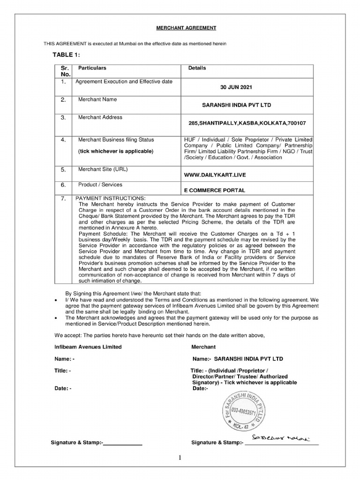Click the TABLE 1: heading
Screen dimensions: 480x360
[x=66, y=55]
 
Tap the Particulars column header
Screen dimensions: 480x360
[x=92, y=68]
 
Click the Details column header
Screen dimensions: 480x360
[x=197, y=68]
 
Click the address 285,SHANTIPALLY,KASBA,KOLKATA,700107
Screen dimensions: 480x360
[x=247, y=123]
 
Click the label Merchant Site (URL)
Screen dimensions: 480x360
[x=102, y=169]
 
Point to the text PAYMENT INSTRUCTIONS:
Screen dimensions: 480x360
[x=111, y=198]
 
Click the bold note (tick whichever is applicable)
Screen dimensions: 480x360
[x=115, y=151]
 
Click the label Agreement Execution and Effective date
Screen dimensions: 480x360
[x=124, y=82]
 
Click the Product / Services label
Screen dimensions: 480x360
[x=100, y=185]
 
